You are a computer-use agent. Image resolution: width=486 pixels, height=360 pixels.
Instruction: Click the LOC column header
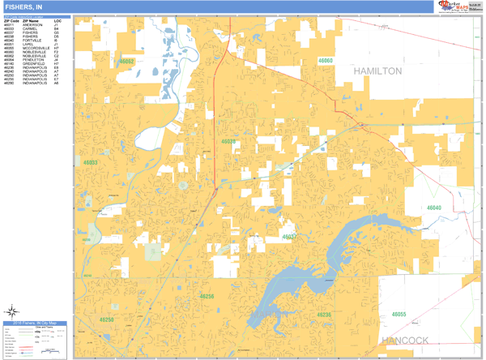pos(57,20)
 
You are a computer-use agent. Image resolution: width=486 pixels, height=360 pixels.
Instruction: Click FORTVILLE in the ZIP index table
pos(32,41)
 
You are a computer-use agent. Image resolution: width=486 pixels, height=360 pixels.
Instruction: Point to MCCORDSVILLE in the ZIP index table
pos(36,49)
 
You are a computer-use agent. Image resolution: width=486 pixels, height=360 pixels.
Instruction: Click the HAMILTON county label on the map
pos(377,71)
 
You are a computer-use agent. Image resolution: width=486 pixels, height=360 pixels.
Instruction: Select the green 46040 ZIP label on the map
pos(434,208)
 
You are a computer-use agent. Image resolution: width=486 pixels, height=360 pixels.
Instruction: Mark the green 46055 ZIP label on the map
pos(399,315)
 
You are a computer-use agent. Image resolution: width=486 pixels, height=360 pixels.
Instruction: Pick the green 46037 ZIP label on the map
pos(289,237)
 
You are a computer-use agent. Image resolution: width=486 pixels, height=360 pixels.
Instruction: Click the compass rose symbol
pos(12,311)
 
